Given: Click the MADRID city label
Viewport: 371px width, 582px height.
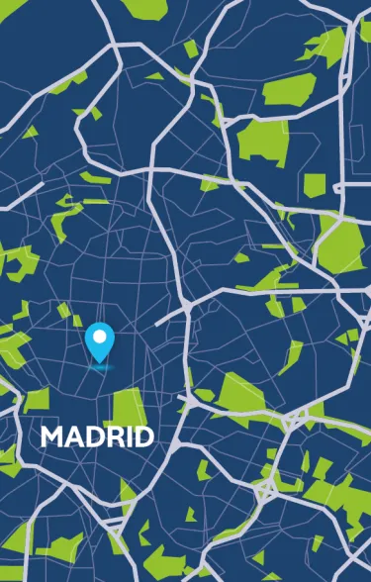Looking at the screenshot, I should coord(97,436).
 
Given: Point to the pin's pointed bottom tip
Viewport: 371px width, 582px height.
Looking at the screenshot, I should coord(99,361).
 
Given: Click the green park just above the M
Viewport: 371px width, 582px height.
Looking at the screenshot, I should coord(37,399).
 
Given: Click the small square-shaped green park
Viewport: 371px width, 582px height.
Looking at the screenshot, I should coord(314,184).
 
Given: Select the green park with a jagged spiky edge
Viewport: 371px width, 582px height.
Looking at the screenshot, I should coord(325,44).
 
